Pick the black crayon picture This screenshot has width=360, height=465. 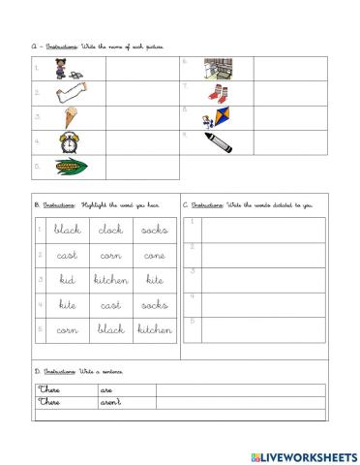click(x=217, y=141)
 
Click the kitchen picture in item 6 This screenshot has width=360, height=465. click(x=217, y=69)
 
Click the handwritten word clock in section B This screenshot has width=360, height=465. click(x=110, y=231)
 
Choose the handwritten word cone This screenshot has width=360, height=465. click(x=154, y=256)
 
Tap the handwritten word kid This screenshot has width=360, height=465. click(x=66, y=280)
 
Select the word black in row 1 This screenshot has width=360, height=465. click(x=66, y=231)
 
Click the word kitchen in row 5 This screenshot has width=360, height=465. click(x=154, y=329)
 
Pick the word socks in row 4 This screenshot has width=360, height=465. click(x=154, y=305)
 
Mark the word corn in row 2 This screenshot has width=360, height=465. click(x=110, y=256)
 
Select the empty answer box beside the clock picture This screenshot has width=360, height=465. click(x=130, y=141)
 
